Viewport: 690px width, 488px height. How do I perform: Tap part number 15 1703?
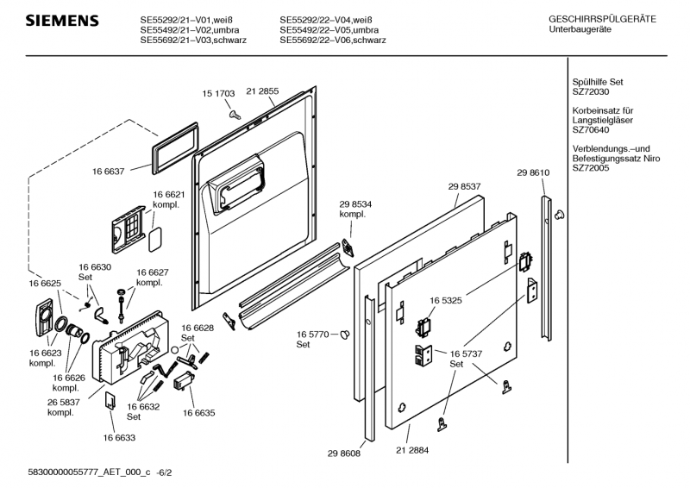point(219,91)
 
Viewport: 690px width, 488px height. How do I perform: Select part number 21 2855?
point(262,91)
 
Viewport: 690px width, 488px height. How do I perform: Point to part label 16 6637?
point(110,172)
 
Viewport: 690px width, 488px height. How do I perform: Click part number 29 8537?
point(464,185)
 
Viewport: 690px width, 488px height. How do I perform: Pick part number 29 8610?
point(533,172)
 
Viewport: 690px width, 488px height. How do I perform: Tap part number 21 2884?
point(412,451)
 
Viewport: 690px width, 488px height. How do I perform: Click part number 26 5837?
point(65,402)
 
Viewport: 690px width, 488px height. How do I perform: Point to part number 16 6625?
point(45,283)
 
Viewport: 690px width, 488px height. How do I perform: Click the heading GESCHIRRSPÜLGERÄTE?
point(601,18)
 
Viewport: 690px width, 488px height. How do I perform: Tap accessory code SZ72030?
point(593,91)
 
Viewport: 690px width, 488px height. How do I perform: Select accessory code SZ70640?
point(593,131)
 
